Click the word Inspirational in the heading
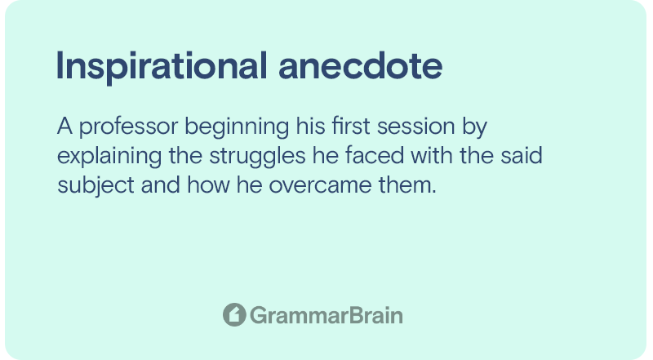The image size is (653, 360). coord(162,67)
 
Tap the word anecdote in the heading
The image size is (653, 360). coord(360,66)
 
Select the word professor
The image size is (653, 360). coord(128,127)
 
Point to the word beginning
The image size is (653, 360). coord(237,127)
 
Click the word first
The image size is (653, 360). coord(351,126)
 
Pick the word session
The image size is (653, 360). coord(415,127)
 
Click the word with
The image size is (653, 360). coord(432,155)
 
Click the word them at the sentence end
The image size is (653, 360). coord(405,185)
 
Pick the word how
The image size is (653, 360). coord(208,185)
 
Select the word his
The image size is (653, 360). coord(310,126)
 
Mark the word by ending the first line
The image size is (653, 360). coord(474,127)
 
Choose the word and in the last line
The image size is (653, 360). coord(160,185)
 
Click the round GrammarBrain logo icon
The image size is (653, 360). coord(234,314)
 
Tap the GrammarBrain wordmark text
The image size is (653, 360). coord(326,315)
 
